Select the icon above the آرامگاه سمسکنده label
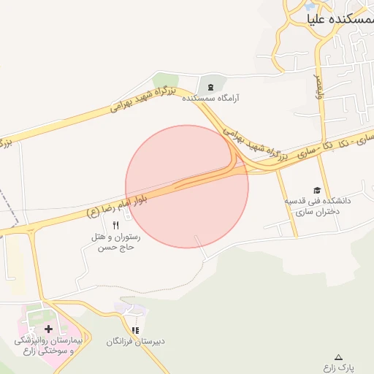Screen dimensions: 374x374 211,87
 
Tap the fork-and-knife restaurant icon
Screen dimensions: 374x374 115,226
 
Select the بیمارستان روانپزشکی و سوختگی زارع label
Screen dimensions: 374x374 50,346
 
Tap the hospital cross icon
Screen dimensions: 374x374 48,329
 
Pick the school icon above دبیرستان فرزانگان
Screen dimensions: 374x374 135,330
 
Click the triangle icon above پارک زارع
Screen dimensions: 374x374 339,357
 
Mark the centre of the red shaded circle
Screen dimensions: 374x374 187,186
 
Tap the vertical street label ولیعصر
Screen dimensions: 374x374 318,84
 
